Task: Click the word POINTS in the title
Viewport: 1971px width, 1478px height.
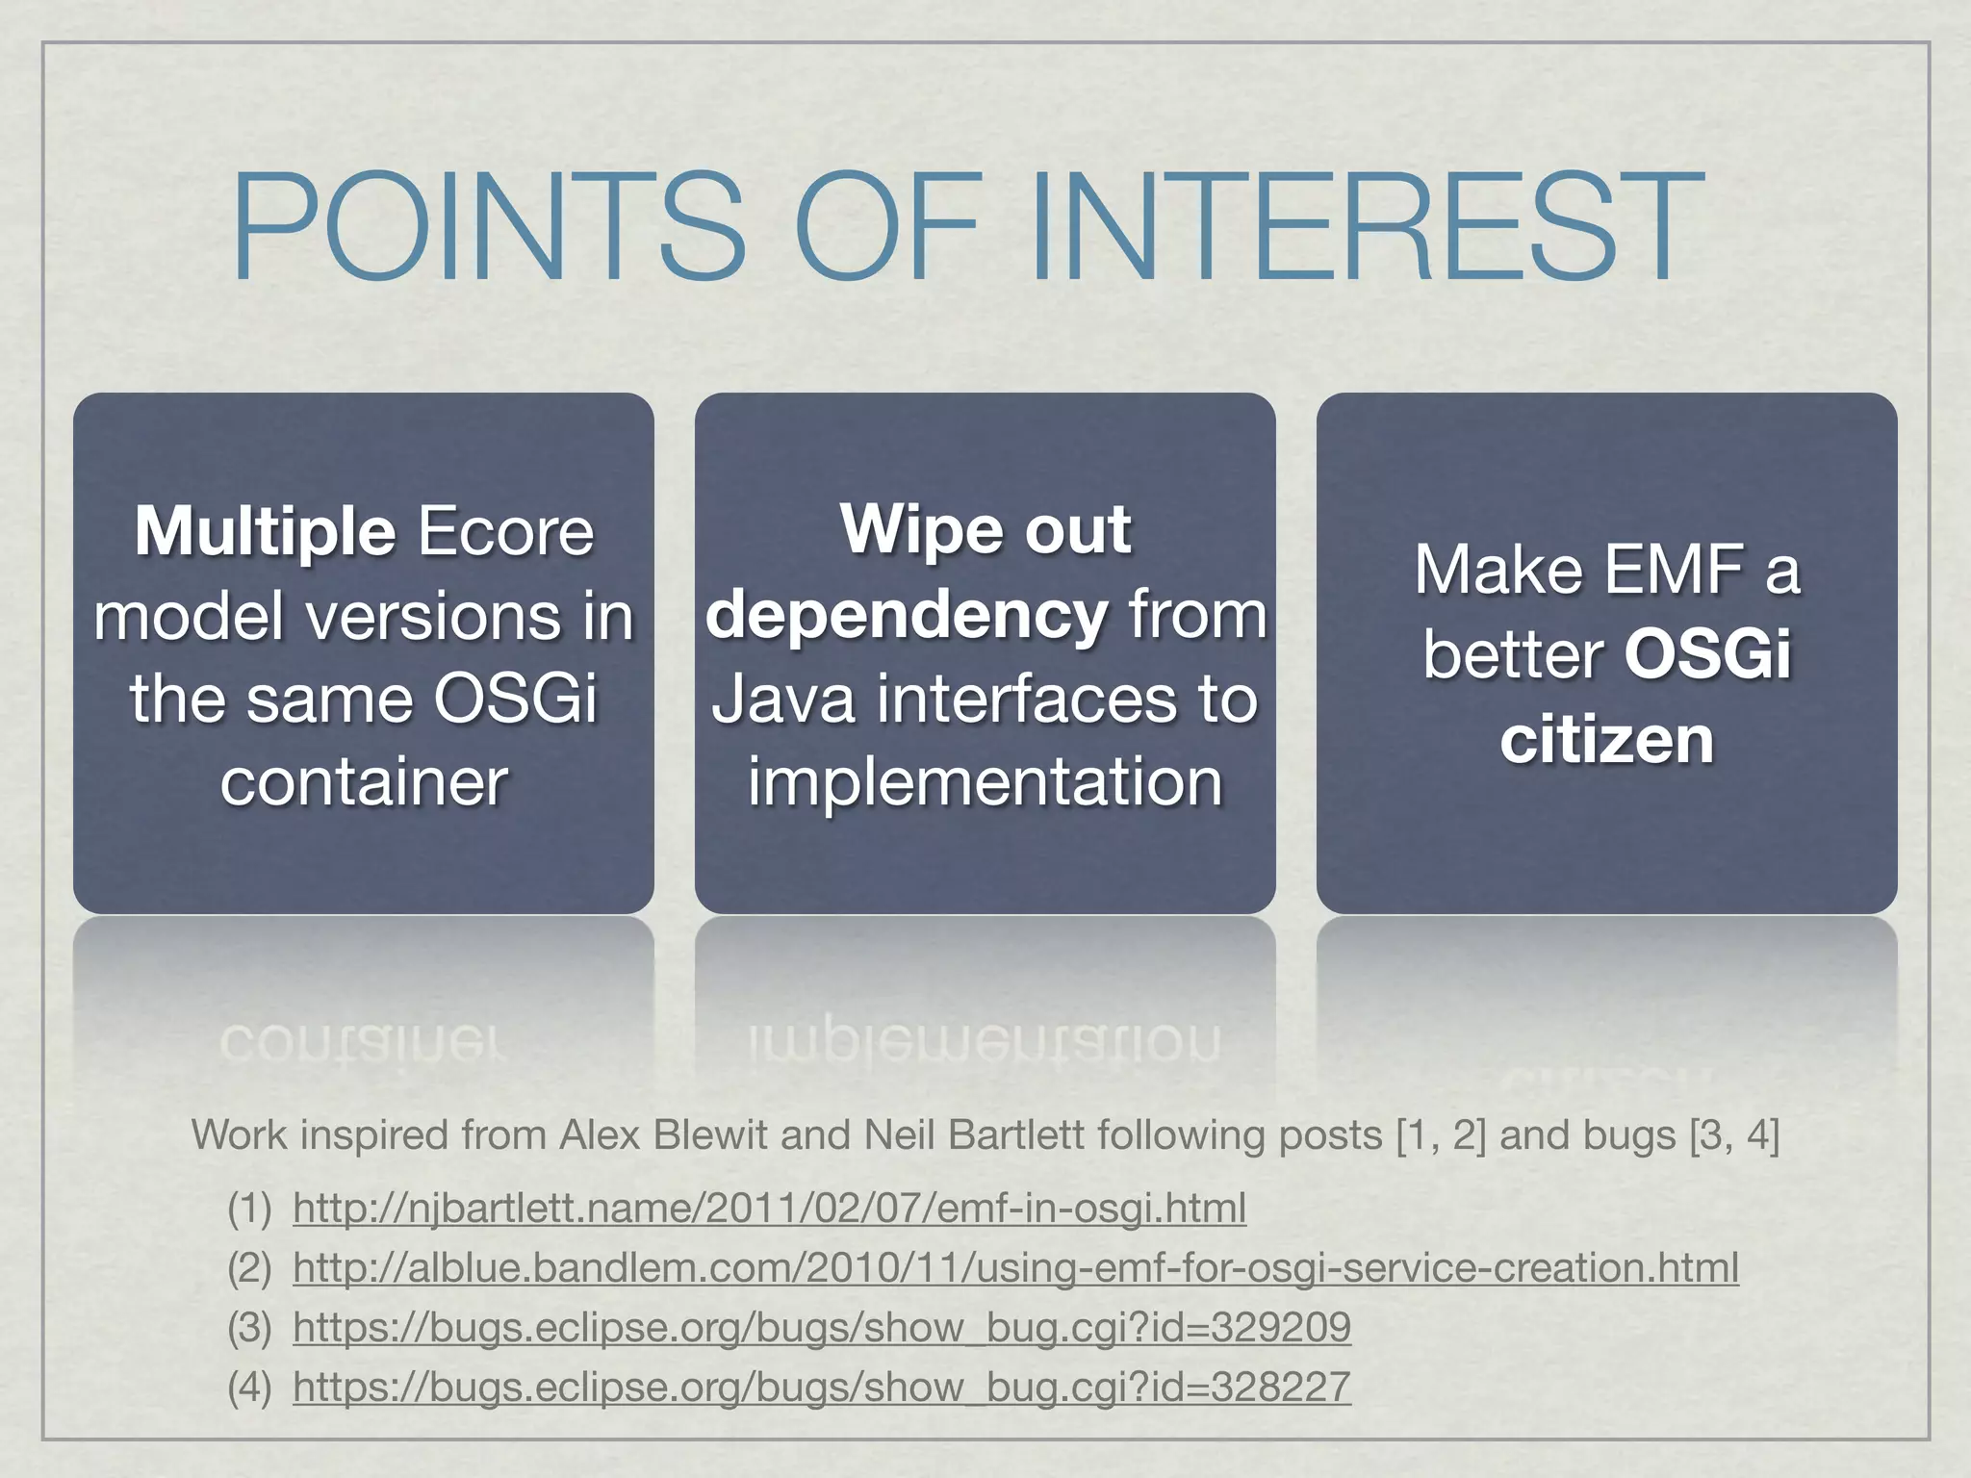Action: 489,227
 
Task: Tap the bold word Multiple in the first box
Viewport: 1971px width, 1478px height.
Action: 265,531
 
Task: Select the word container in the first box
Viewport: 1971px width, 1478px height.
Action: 364,781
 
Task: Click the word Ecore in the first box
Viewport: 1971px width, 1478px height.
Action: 505,531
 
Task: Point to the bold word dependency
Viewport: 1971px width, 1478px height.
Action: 907,616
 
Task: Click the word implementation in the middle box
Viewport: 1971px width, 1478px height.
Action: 985,781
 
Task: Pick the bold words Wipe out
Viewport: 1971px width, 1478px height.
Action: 985,529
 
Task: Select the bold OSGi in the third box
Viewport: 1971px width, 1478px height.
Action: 1707,654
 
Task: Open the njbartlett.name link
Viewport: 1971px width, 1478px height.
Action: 769,1208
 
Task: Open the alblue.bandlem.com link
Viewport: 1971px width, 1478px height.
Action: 1015,1267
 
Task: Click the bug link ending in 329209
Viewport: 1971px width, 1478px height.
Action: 822,1327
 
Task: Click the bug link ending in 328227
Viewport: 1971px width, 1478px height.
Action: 822,1387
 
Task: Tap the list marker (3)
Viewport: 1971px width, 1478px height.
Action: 249,1328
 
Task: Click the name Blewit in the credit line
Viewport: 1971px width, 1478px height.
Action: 713,1135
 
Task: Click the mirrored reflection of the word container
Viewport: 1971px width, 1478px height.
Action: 364,1041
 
